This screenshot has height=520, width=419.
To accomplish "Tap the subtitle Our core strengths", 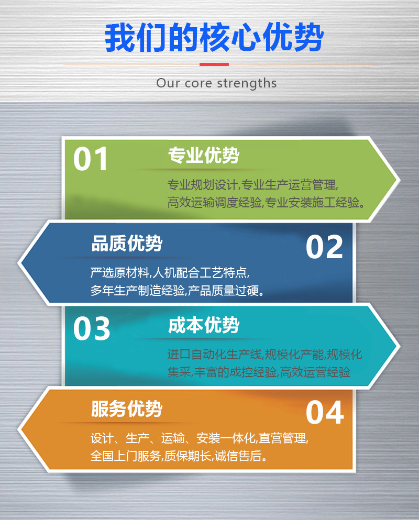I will click(216, 83).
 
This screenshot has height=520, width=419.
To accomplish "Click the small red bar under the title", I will click(214, 64).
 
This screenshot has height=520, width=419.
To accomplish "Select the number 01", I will click(91, 159).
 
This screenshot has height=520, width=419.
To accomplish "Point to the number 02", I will click(324, 247).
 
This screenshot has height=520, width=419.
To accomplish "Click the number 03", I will click(92, 328).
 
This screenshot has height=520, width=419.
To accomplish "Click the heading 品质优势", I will click(127, 244).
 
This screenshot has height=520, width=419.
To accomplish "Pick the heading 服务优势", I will click(127, 409).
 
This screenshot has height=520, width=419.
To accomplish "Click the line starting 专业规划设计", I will click(253, 185).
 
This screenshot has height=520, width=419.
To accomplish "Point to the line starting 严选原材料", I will click(170, 272).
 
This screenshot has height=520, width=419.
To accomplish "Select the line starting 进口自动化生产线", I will click(264, 355).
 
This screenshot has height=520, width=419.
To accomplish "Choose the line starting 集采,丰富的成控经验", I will click(259, 372).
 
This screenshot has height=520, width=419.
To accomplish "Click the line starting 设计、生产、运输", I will click(200, 438).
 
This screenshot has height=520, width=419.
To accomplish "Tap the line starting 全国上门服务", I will click(179, 456).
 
